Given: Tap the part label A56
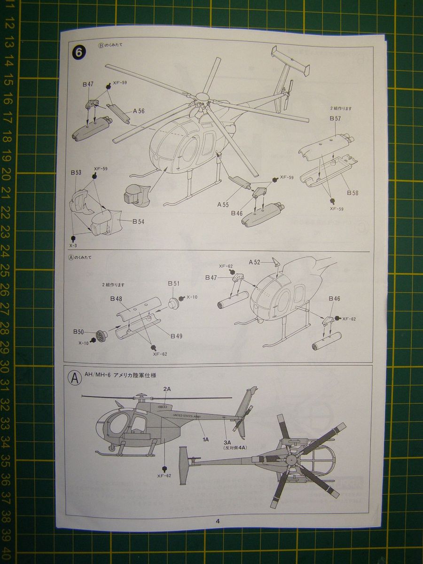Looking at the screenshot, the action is (139, 111).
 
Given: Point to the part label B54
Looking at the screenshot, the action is (138, 221).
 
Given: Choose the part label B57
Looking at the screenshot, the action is (335, 118).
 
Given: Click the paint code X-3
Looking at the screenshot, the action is (73, 245).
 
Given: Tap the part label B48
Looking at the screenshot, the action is (116, 298).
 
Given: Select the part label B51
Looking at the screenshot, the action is (173, 283).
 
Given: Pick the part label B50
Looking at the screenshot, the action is (78, 332).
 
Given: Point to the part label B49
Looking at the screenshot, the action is (176, 336).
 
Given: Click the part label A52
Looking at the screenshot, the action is (254, 262).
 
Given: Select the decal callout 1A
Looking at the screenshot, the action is (205, 439).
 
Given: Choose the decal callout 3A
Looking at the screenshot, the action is (228, 442).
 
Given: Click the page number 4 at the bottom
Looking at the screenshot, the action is (218, 521).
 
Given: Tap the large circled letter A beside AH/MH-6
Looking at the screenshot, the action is (75, 379).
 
